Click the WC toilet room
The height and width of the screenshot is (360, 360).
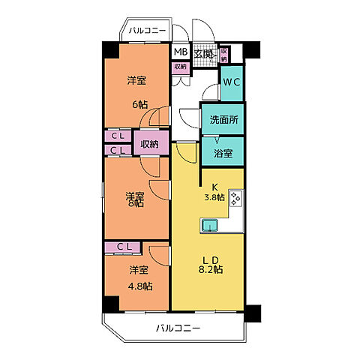point(231,83)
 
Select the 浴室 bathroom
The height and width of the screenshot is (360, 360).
point(223,153)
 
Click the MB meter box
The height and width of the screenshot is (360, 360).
point(180,53)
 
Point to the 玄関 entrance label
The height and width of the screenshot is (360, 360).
point(204,54)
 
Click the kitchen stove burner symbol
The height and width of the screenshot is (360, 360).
point(236,199)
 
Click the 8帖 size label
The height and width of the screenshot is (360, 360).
point(134,202)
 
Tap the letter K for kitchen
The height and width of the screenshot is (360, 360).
point(213,187)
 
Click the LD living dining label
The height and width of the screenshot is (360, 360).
point(209,260)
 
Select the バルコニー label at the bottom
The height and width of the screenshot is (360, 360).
point(178,328)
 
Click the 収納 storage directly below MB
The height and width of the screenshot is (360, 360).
point(180,67)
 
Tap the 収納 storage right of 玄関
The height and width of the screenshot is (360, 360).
point(224,54)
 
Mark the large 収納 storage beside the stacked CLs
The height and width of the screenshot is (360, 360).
point(149,144)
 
